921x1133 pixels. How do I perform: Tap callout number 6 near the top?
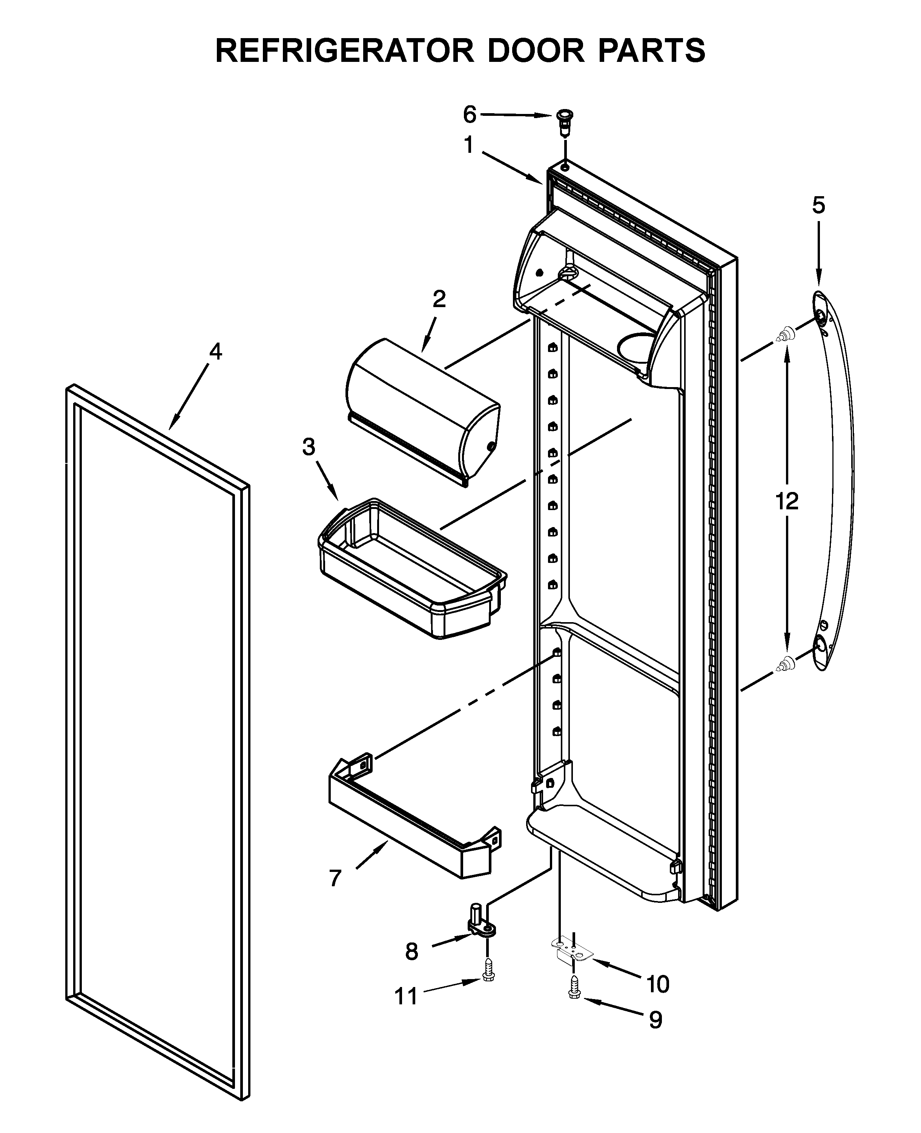point(470,114)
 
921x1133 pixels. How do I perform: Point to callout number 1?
point(468,145)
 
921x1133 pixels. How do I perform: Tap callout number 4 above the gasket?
point(215,352)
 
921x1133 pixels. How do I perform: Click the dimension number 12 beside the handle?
point(787,501)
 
